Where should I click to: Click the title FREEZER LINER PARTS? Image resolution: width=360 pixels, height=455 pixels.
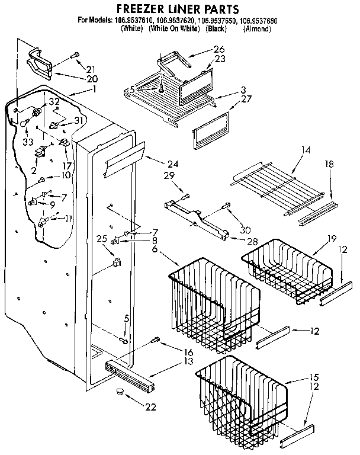tap(177, 9)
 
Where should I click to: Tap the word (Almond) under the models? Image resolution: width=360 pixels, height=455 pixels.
tap(256, 28)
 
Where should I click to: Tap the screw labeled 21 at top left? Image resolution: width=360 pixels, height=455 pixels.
tap(75, 56)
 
